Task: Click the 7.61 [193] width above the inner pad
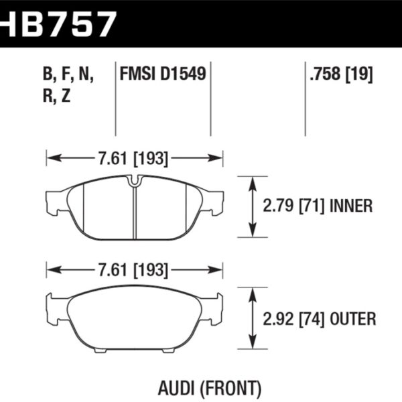point(134,159)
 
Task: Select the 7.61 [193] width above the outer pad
point(134,271)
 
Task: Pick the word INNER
point(352,206)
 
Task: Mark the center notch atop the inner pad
point(134,180)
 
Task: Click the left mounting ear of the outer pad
point(53,303)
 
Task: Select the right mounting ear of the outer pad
point(215,303)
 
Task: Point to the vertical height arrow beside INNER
point(252,206)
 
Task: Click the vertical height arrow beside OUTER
point(252,318)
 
